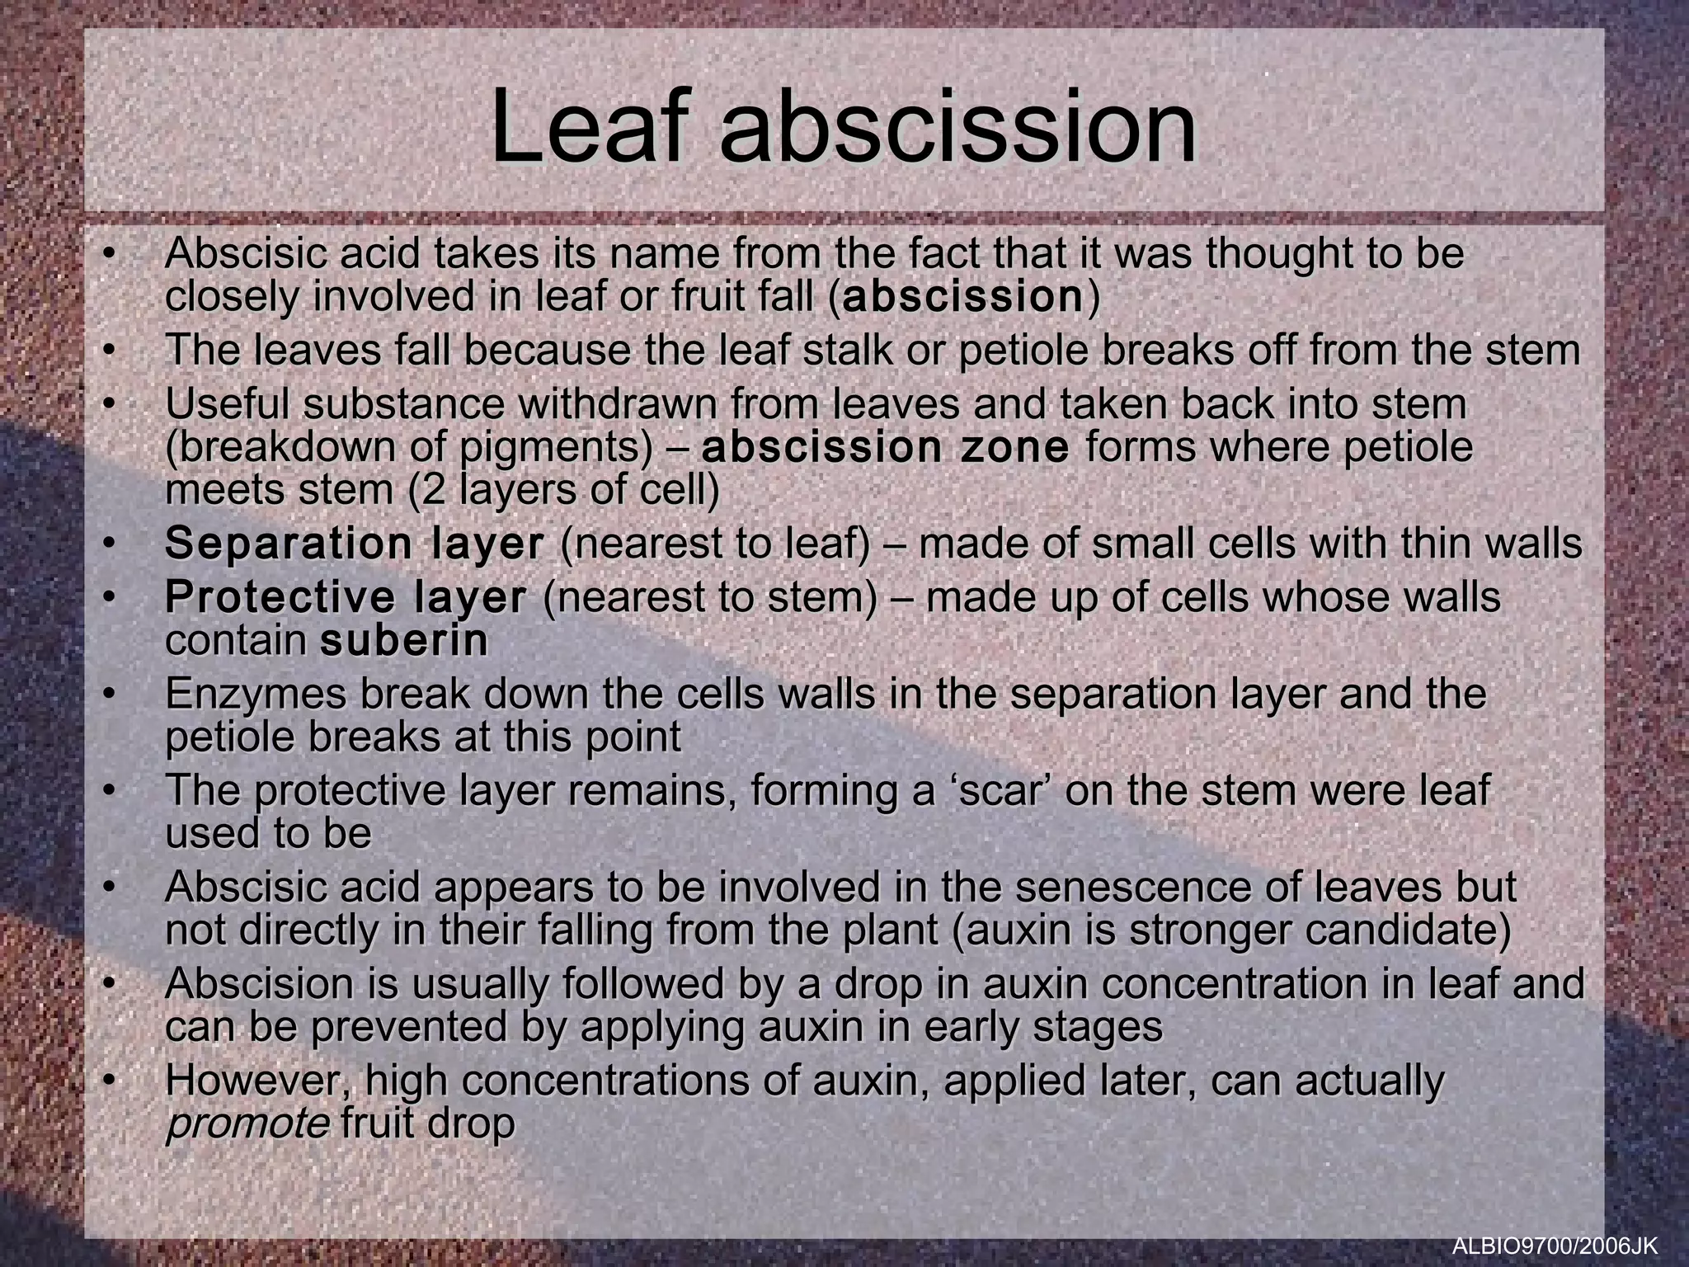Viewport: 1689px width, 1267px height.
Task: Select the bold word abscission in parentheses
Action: (962, 297)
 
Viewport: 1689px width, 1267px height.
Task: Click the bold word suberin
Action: (403, 641)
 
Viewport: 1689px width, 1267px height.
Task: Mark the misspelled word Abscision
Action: (272, 984)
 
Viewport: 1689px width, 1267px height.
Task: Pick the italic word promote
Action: (247, 1124)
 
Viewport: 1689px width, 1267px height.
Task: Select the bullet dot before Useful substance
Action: (107, 405)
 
